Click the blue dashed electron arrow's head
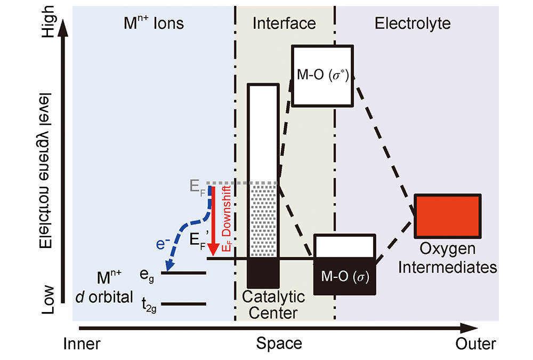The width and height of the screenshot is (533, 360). click(169, 266)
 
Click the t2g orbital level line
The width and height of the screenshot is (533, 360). click(183, 304)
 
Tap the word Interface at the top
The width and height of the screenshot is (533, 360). click(284, 23)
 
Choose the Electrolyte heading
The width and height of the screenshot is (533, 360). click(413, 23)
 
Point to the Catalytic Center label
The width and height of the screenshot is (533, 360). click(273, 305)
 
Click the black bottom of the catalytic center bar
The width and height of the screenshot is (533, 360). click(263, 273)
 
